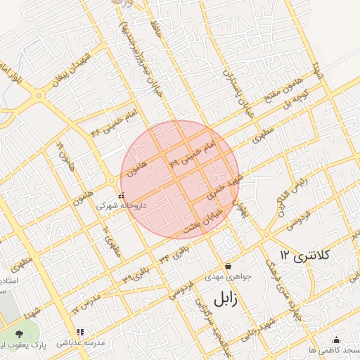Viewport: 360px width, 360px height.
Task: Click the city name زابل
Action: tap(225, 299)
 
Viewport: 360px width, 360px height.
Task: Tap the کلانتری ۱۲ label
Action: tap(296, 254)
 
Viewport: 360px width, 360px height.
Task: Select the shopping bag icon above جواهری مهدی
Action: tap(228, 266)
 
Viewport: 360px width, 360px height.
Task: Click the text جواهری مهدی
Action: tap(224, 277)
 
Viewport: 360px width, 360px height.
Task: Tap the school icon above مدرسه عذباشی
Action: tap(79, 331)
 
